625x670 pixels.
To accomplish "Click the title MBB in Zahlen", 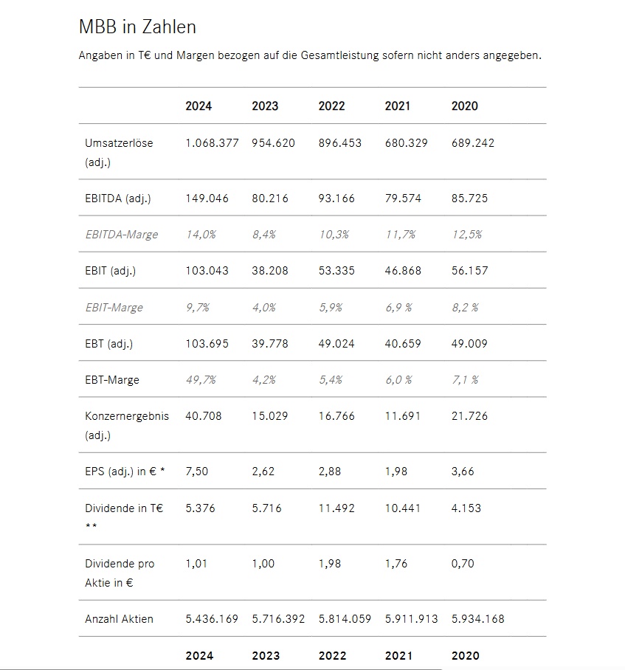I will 137,27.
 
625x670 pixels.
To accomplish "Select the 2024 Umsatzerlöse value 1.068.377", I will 212,143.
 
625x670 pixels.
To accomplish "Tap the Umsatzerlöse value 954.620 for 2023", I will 273,143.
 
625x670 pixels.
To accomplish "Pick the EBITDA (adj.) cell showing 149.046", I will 207,198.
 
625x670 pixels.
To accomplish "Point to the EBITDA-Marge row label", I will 122,235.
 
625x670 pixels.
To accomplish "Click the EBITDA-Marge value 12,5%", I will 466,235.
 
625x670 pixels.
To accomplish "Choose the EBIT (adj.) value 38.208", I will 270,271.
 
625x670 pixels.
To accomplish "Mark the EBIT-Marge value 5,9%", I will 330,307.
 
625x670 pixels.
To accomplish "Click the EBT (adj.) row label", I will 109,344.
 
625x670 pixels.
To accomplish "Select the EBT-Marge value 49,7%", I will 200,380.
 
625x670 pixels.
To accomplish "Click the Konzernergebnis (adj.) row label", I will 127,425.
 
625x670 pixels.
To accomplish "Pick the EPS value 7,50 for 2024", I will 196,472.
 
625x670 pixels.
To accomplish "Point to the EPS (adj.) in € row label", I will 125,472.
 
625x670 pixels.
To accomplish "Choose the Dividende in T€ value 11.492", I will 336,508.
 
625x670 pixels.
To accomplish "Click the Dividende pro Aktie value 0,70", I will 463,564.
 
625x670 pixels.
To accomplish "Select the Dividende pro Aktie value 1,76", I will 396,564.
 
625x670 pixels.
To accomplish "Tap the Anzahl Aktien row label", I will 120,619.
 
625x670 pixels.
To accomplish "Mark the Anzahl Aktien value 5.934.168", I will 477,619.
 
